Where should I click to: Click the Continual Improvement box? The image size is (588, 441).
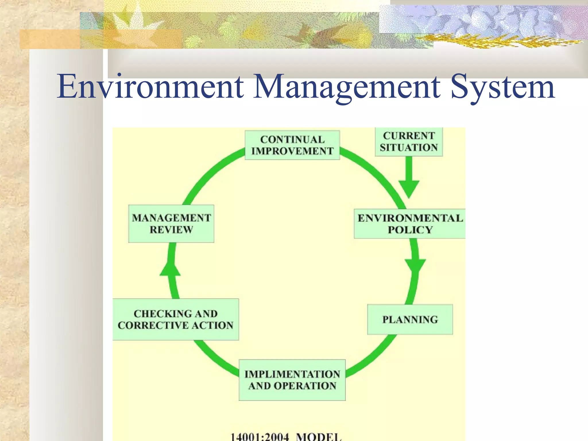292,145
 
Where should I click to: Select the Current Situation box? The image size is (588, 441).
409,142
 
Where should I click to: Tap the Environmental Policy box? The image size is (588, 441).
410,224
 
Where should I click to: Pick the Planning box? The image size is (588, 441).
410,320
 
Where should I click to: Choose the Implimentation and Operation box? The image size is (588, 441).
292,380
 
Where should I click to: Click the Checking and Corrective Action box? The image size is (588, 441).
175,320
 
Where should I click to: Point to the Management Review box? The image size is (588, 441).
171,224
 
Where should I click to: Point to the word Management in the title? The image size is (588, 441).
346,87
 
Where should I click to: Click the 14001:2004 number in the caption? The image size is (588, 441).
260,437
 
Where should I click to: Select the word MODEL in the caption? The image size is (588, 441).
319,437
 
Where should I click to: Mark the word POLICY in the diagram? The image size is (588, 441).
410,230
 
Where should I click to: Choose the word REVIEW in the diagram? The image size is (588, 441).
171,230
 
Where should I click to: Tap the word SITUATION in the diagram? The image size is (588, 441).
409,148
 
